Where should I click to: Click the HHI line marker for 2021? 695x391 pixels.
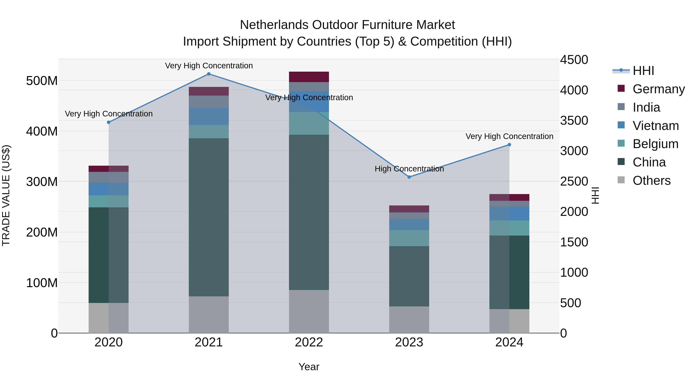208,74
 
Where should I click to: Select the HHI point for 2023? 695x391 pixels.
409,177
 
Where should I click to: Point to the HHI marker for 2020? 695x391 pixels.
109,122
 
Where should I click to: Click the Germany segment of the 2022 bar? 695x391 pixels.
309,77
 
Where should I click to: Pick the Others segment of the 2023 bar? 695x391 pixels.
409,320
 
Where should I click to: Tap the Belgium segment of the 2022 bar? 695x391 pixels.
309,123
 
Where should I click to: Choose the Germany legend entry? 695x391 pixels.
658,89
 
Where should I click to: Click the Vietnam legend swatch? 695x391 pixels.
621,125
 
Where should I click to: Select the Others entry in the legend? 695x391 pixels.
651,181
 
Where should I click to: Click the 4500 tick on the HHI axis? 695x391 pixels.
574,60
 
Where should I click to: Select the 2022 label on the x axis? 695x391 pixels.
309,342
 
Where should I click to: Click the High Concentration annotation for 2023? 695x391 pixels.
409,169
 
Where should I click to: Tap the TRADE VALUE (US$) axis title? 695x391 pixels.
6,195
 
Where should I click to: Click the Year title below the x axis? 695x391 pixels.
309,367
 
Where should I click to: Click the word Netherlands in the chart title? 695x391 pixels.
274,25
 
